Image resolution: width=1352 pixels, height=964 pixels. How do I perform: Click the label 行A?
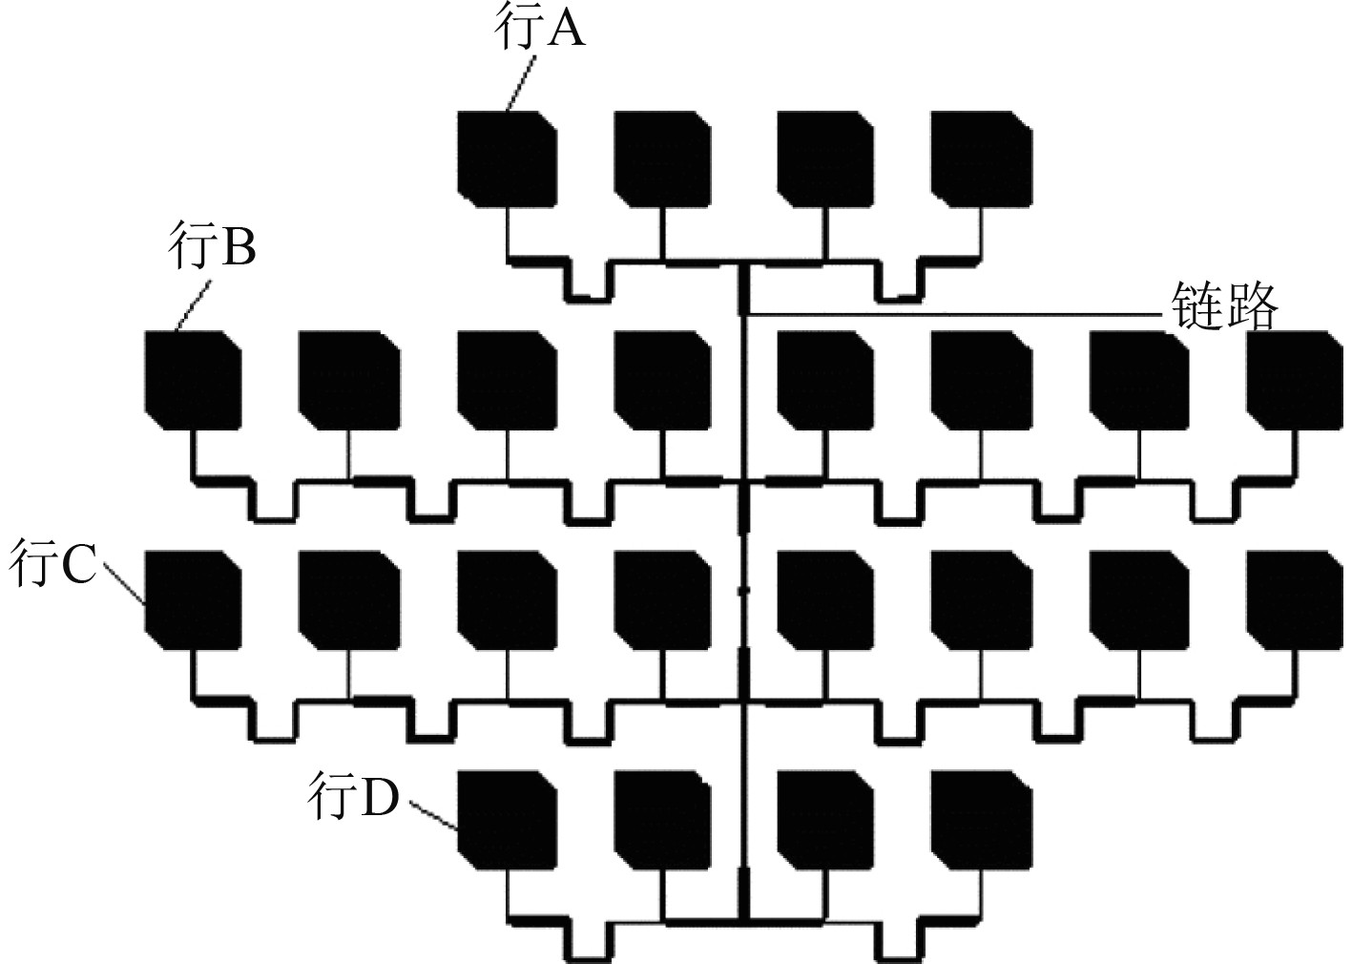(x=539, y=30)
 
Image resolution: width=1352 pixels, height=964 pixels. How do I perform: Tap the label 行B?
(x=212, y=248)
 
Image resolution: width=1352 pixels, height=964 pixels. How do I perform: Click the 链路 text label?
(x=1224, y=306)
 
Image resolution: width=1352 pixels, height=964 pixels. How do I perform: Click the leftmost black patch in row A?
(x=507, y=158)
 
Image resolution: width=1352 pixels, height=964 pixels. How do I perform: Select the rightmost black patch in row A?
(x=982, y=158)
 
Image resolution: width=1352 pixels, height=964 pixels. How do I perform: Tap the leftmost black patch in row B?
(x=193, y=380)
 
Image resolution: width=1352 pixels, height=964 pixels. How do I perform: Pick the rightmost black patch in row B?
(x=1294, y=380)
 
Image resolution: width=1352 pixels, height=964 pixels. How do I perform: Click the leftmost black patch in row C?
(x=193, y=599)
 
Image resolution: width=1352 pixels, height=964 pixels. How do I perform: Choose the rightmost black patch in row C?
(x=1294, y=599)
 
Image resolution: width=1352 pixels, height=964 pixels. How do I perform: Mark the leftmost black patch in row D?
(x=507, y=819)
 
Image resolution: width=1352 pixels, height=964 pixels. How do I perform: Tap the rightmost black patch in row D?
(x=982, y=819)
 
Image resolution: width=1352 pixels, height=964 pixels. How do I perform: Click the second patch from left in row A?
(x=663, y=158)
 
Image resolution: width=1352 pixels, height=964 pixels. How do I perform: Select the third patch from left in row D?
(x=824, y=819)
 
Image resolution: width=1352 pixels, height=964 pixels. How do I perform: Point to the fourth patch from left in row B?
(x=663, y=380)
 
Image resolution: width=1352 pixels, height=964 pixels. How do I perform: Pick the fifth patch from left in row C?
(x=824, y=599)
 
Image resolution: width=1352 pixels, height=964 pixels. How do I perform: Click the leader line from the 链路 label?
(x=954, y=314)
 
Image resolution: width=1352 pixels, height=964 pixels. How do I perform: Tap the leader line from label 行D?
(x=434, y=816)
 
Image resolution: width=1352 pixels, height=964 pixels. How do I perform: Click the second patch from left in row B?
(x=349, y=380)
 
